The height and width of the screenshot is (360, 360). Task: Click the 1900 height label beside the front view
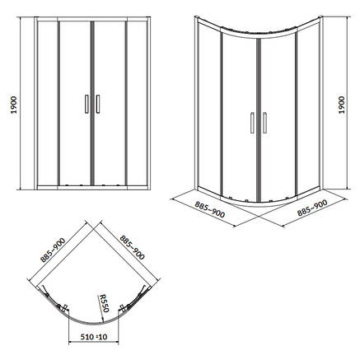tap(14, 105)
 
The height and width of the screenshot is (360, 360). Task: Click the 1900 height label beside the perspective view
tap(342, 105)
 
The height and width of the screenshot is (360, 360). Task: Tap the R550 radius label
tap(104, 303)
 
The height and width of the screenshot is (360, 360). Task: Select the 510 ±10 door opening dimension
tap(94, 336)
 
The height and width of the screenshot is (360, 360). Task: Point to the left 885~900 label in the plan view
tap(53, 250)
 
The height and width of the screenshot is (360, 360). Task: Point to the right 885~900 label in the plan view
tap(132, 247)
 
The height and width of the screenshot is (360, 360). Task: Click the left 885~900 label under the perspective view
tap(210, 209)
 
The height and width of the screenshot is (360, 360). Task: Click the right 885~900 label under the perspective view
tap(312, 207)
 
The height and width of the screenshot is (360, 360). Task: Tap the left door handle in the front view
tap(86, 104)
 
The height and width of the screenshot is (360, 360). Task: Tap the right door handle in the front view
tap(98, 104)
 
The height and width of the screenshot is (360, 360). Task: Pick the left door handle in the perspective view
tap(252, 123)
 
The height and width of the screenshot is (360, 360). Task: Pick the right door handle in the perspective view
tap(264, 123)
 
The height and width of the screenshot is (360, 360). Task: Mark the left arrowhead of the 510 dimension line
tap(70, 343)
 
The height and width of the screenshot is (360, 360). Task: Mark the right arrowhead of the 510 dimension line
tap(117, 343)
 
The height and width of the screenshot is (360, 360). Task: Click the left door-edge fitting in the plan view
tap(65, 307)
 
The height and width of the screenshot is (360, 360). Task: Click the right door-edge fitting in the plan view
tap(122, 307)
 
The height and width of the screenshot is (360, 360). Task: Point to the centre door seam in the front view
tap(92, 103)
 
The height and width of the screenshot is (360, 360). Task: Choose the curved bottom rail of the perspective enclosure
tap(258, 203)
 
